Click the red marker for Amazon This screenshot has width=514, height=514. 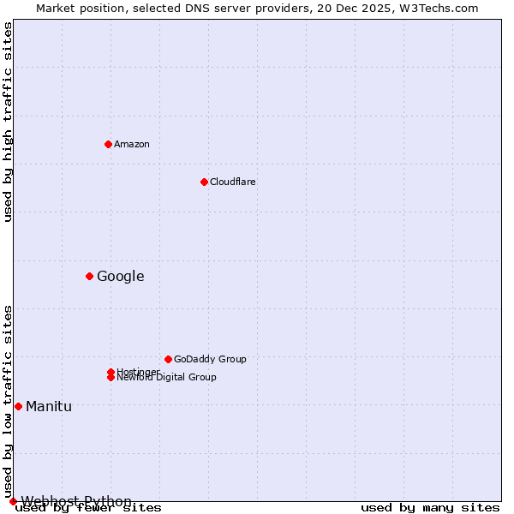click(x=108, y=144)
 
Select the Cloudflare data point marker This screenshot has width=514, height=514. click(x=204, y=182)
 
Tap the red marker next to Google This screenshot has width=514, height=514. click(x=89, y=276)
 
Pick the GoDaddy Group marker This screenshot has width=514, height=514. click(x=168, y=359)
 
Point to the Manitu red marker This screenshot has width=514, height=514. click(x=18, y=406)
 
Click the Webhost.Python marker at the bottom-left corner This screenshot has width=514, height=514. click(x=13, y=501)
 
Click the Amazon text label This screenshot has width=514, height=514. click(x=132, y=144)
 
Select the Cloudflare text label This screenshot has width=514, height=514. click(x=232, y=182)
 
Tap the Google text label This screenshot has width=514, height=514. click(x=120, y=276)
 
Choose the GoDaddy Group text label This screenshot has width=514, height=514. click(x=210, y=359)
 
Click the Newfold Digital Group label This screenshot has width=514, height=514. click(x=167, y=378)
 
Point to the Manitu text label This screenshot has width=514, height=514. click(x=49, y=406)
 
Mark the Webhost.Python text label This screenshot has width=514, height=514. click(x=76, y=501)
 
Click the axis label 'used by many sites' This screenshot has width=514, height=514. click(x=430, y=508)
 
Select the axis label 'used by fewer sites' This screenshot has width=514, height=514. click(x=88, y=508)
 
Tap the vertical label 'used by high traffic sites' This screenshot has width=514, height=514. click(x=8, y=122)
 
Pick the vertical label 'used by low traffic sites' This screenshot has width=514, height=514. click(x=8, y=401)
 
